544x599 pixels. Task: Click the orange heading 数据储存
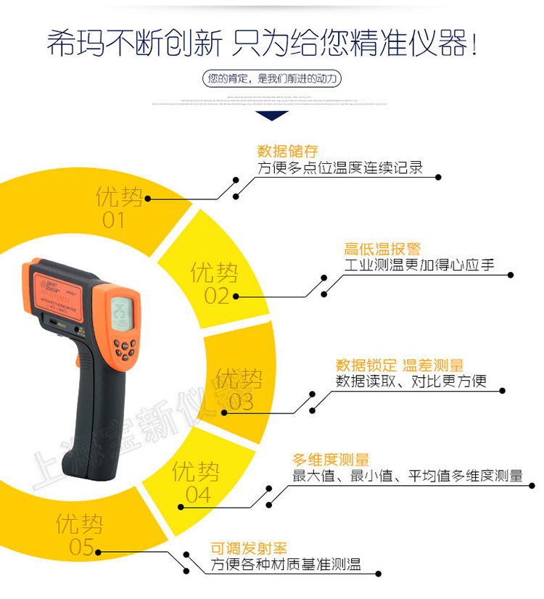click(x=288, y=152)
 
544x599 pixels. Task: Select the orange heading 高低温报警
click(x=382, y=249)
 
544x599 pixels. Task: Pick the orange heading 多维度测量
click(x=331, y=460)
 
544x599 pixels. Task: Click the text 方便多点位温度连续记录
click(x=340, y=168)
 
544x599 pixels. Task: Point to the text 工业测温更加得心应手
click(x=419, y=265)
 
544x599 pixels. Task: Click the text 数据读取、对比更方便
click(x=411, y=381)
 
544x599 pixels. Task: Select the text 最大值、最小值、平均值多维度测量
click(x=407, y=476)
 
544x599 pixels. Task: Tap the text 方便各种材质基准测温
click(x=286, y=566)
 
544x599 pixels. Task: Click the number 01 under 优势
click(x=113, y=220)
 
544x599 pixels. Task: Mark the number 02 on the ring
click(x=216, y=296)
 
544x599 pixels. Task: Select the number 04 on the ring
click(x=197, y=495)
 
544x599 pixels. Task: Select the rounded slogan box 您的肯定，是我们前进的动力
click(x=272, y=78)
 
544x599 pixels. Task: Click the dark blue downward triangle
click(x=272, y=115)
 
